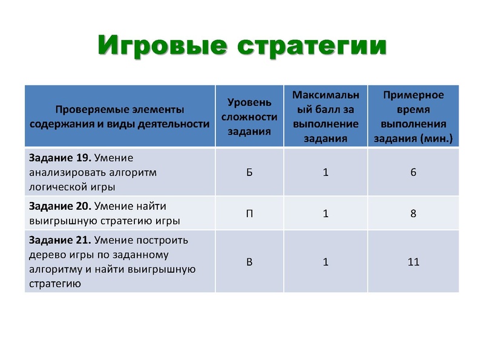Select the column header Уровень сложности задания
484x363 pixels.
click(249, 116)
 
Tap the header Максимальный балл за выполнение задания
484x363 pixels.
click(325, 116)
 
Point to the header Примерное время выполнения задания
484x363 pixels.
click(413, 116)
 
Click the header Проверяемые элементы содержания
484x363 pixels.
click(120, 117)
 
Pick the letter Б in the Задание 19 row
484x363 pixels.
click(249, 172)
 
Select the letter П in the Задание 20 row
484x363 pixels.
click(249, 214)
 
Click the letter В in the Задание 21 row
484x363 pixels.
click(249, 262)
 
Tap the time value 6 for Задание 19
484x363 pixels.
click(413, 172)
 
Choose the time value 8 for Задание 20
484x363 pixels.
click(413, 214)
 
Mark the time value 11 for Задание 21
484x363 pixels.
click(413, 262)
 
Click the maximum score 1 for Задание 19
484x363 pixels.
click(325, 172)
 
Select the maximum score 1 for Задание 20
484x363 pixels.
click(325, 214)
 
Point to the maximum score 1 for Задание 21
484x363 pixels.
click(325, 262)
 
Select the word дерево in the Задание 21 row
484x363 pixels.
click(47, 255)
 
